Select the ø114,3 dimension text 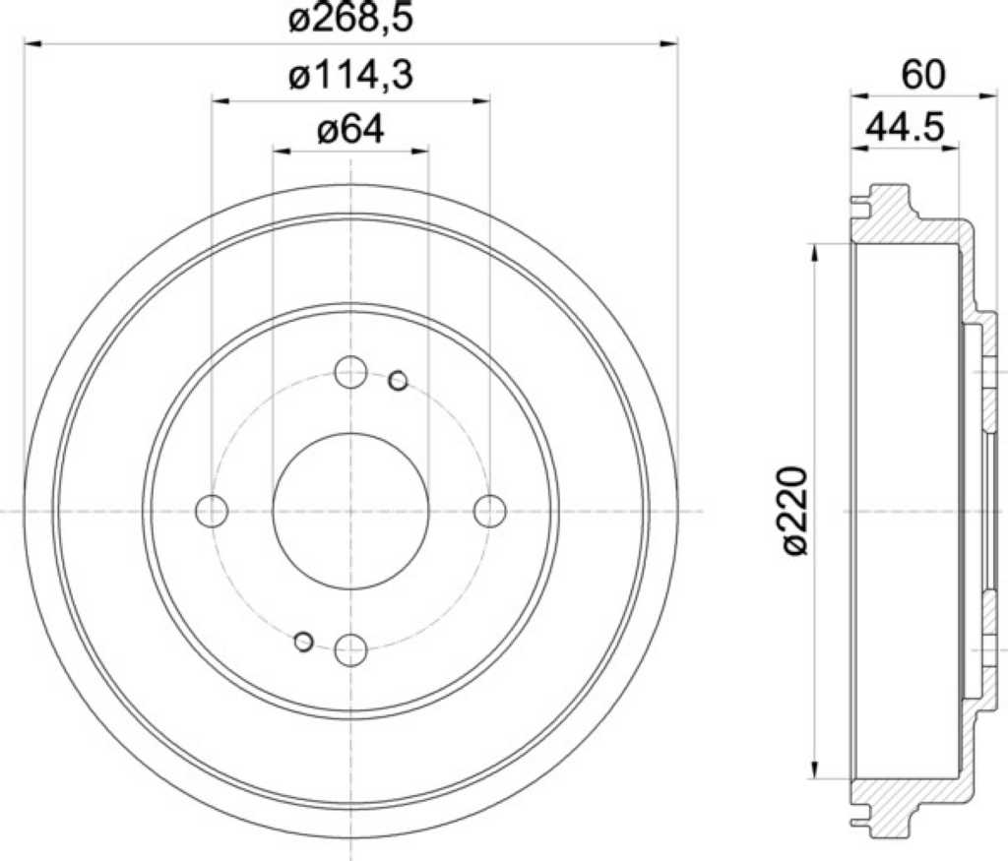350,76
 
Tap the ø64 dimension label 350,131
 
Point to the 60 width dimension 923,75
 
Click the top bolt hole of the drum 351,372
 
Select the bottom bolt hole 351,649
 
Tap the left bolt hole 212,512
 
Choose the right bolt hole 490,512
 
